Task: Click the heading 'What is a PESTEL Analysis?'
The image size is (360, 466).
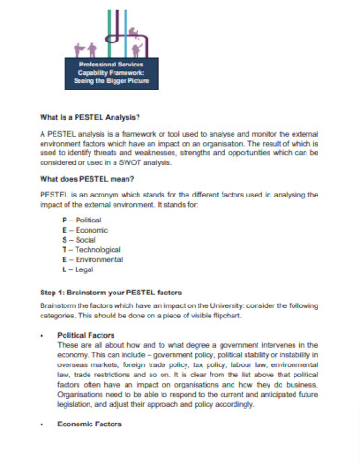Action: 90,117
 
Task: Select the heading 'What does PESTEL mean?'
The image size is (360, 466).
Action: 87,177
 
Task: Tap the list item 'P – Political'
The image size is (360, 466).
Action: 81,221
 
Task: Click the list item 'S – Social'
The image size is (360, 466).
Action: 78,240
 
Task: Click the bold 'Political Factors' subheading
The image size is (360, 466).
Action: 89,336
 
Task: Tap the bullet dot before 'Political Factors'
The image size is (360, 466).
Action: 44,336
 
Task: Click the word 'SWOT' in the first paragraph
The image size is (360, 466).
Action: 145,161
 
